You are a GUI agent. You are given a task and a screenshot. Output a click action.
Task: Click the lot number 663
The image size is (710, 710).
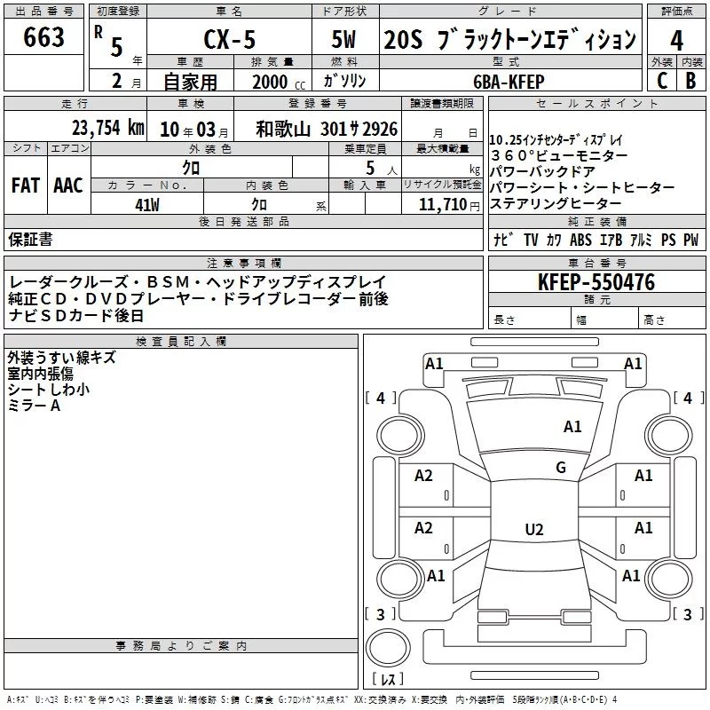pyautogui.click(x=44, y=37)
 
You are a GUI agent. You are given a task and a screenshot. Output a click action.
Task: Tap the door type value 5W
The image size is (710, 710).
pyautogui.click(x=345, y=41)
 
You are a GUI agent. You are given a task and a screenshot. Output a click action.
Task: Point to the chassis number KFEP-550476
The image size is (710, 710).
pyautogui.click(x=596, y=283)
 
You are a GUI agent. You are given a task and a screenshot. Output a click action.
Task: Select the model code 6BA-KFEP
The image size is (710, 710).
pyautogui.click(x=509, y=82)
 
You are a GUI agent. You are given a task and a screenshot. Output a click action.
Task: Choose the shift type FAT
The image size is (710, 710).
pyautogui.click(x=25, y=185)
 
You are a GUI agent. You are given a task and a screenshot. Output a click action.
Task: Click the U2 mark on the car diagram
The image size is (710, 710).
pyautogui.click(x=533, y=530)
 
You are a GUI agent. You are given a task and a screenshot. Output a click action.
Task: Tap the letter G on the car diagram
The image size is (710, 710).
pyautogui.click(x=560, y=468)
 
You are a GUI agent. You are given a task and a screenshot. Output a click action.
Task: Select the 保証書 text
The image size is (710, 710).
pyautogui.click(x=30, y=240)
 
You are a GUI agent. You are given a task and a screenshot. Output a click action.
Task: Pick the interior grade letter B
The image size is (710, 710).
pyautogui.click(x=690, y=80)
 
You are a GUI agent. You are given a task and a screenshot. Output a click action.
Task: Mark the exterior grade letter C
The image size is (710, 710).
pyautogui.click(x=661, y=80)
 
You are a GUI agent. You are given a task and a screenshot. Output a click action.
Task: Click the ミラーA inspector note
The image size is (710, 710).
pyautogui.click(x=34, y=405)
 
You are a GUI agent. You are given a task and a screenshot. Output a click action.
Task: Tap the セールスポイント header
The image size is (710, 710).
pyautogui.click(x=597, y=104)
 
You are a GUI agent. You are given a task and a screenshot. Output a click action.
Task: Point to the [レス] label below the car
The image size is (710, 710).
pyautogui.click(x=388, y=680)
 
